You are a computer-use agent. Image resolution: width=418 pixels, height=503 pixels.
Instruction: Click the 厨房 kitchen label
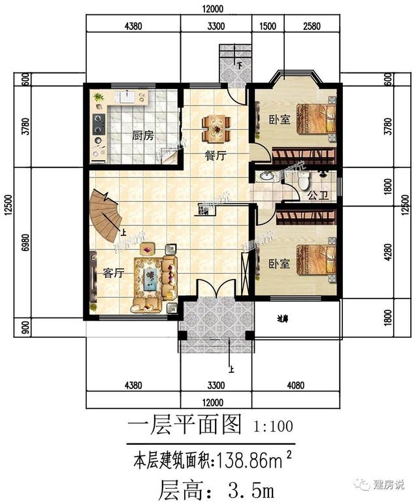[x=142, y=136]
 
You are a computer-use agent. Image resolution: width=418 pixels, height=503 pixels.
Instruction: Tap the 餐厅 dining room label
[x=216, y=156]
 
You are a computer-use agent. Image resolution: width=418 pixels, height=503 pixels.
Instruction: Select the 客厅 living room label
[x=114, y=273]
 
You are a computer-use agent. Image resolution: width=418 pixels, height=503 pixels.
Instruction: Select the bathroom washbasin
[x=266, y=176]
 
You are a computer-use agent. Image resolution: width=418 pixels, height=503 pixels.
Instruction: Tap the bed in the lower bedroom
[x=315, y=261]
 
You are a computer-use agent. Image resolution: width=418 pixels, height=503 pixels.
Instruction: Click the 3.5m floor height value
[x=251, y=488]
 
